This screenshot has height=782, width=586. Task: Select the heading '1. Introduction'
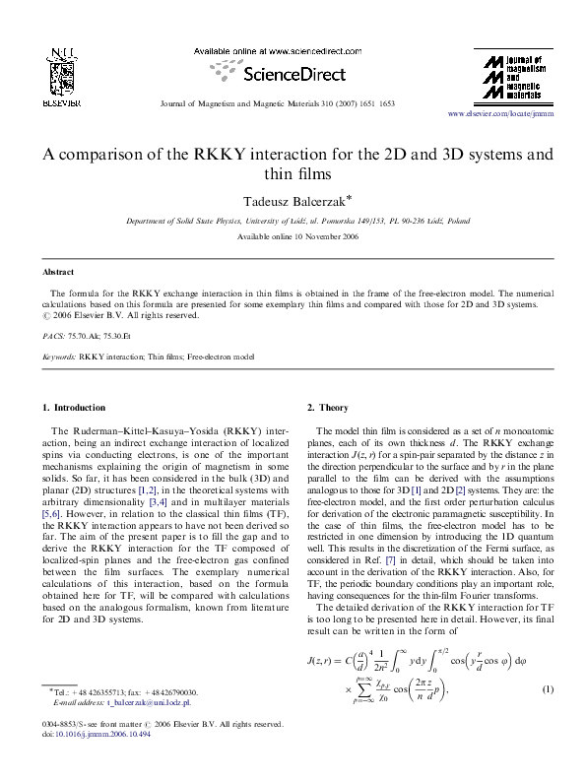pyautogui.click(x=74, y=407)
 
